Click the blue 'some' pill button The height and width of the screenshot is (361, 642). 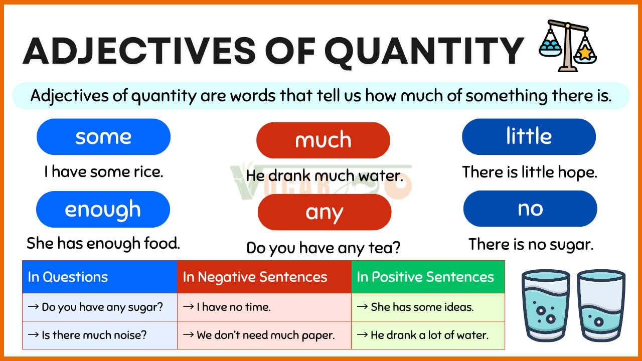(x=103, y=137)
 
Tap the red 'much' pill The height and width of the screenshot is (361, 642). (x=323, y=140)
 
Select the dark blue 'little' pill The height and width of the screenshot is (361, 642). (x=529, y=137)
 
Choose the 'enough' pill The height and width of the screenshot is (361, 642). (x=103, y=209)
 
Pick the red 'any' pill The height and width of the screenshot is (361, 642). (x=325, y=212)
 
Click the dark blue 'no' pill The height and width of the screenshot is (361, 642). (x=530, y=209)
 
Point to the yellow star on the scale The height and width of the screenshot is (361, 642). (x=585, y=53)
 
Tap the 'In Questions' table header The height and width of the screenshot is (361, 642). (x=100, y=277)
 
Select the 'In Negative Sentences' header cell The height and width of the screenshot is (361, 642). (x=264, y=277)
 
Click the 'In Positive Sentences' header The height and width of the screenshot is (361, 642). (x=428, y=277)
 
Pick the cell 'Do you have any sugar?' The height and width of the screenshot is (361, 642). (x=100, y=307)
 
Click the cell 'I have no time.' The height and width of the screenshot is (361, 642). (x=264, y=307)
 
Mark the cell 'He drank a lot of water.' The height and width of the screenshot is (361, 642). (x=428, y=335)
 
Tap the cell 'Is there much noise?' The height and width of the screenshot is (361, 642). (x=100, y=335)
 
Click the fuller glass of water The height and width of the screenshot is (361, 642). (x=546, y=305)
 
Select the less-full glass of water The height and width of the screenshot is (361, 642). (x=601, y=305)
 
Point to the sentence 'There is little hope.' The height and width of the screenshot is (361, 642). (x=530, y=172)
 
